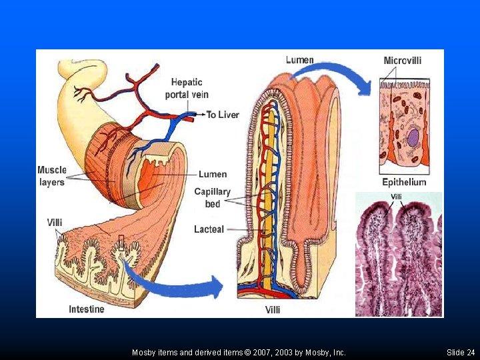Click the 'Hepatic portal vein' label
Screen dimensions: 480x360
click(x=187, y=88)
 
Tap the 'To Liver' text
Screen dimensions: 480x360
click(x=223, y=115)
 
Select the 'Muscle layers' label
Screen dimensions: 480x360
click(x=52, y=176)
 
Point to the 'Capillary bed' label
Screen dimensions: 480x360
click(x=212, y=197)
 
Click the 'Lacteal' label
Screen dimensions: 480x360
click(x=209, y=229)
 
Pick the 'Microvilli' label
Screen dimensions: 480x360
click(x=403, y=60)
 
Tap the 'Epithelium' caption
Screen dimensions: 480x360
click(x=404, y=182)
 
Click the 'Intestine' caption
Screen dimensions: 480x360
click(x=86, y=309)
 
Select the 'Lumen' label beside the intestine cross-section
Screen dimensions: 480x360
click(x=213, y=174)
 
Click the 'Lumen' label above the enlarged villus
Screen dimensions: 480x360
click(x=300, y=60)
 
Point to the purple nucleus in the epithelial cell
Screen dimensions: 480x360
click(x=413, y=137)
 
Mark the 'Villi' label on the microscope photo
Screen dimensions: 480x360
click(x=396, y=197)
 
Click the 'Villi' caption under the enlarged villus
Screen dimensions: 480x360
click(x=273, y=310)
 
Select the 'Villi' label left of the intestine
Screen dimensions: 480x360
click(x=55, y=222)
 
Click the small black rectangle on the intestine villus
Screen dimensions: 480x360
click(x=121, y=243)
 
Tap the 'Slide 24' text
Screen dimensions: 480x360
click(x=461, y=353)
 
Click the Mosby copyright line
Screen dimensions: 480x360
click(x=239, y=353)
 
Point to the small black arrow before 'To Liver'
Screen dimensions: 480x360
click(x=201, y=115)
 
